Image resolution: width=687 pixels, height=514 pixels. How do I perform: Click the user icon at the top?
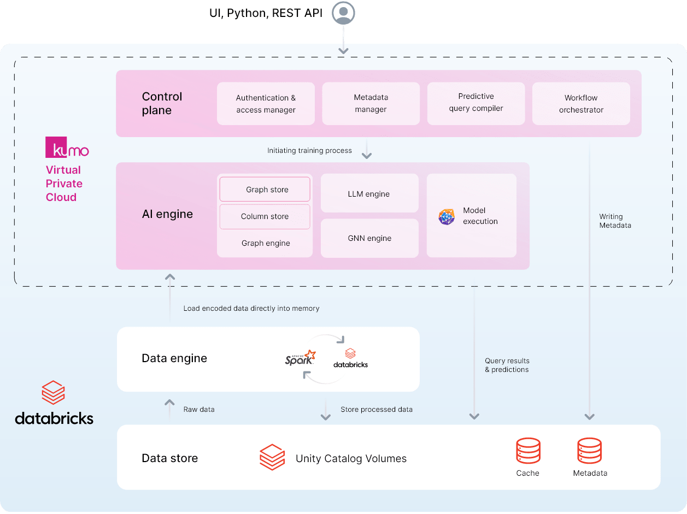pyautogui.click(x=344, y=13)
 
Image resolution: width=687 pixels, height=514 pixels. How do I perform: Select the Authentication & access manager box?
pyautogui.click(x=266, y=104)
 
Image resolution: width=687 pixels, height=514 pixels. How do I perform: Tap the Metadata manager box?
pyautogui.click(x=371, y=103)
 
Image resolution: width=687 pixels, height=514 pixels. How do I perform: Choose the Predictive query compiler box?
pyautogui.click(x=475, y=103)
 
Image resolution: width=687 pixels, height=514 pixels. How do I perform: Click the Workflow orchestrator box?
pyautogui.click(x=581, y=104)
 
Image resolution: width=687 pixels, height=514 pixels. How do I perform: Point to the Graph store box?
pyautogui.click(x=265, y=190)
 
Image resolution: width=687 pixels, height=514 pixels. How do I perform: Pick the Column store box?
pyautogui.click(x=265, y=216)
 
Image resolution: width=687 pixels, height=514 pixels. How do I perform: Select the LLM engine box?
pyautogui.click(x=369, y=194)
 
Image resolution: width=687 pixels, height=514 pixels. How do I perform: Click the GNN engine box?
pyautogui.click(x=369, y=238)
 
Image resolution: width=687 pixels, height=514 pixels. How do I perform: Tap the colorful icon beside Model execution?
pyautogui.click(x=447, y=217)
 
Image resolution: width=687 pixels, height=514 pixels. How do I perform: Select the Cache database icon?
pyautogui.click(x=528, y=451)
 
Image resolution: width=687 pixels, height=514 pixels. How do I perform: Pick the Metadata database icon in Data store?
pyautogui.click(x=590, y=451)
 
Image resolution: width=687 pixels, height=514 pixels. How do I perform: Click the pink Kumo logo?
pyautogui.click(x=67, y=147)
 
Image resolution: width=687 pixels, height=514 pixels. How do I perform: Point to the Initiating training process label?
pyautogui.click(x=309, y=150)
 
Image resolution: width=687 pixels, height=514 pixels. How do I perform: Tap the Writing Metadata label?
pyautogui.click(x=615, y=221)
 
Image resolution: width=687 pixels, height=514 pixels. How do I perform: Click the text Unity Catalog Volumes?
pyautogui.click(x=351, y=458)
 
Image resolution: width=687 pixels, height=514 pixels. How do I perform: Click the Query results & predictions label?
pyautogui.click(x=507, y=365)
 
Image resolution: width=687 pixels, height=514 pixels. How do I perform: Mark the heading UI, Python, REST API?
pyautogui.click(x=266, y=13)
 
